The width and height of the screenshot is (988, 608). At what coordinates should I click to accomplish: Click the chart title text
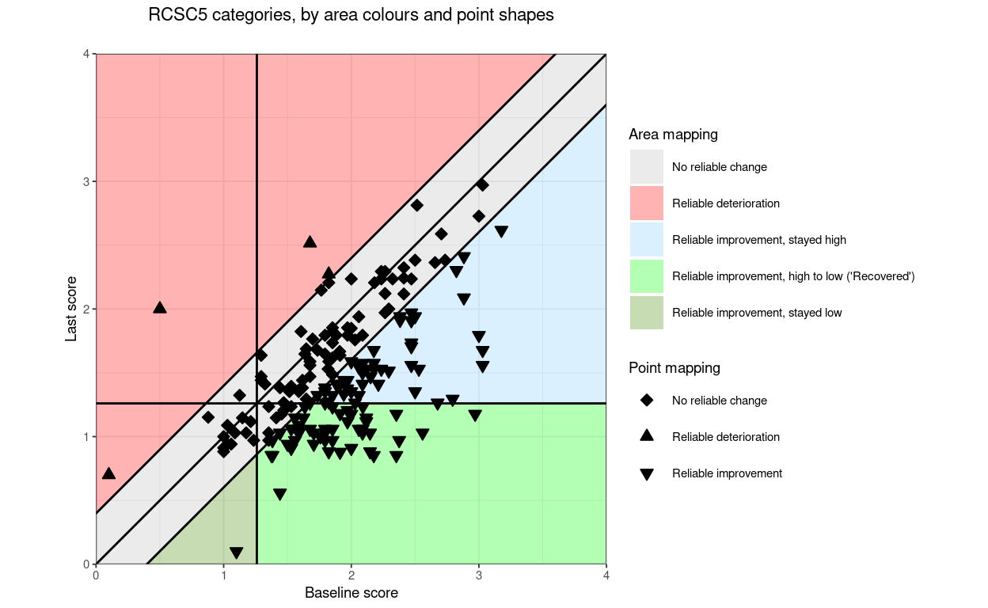click(351, 15)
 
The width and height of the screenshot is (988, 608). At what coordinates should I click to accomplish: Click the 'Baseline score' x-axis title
click(351, 593)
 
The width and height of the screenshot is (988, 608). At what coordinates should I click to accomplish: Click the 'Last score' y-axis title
click(71, 309)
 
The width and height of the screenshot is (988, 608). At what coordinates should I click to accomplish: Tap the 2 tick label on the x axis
click(351, 576)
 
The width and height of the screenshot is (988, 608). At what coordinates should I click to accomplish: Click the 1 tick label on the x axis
click(223, 576)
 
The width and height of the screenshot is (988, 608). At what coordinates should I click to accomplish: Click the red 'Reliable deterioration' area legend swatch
click(647, 203)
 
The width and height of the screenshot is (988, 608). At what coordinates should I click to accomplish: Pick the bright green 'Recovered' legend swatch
click(647, 276)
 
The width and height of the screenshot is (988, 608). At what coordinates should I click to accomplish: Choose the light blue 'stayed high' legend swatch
click(647, 240)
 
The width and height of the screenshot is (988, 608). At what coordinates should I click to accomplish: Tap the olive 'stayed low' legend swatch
click(647, 313)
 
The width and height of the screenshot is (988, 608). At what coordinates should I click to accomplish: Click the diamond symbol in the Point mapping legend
click(647, 401)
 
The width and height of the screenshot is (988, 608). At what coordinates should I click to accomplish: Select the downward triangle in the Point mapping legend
click(647, 474)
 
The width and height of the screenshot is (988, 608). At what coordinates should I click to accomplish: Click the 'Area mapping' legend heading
click(673, 135)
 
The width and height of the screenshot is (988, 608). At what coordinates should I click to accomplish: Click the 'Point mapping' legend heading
click(674, 368)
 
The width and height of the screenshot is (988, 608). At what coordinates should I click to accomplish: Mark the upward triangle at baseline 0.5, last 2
click(160, 307)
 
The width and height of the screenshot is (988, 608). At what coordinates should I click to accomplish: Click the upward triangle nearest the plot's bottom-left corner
click(108, 473)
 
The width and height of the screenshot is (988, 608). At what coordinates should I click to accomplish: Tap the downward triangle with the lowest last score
click(236, 553)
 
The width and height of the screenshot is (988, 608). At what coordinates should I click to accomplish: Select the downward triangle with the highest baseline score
click(501, 232)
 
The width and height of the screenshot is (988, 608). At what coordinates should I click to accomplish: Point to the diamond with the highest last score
click(482, 184)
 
